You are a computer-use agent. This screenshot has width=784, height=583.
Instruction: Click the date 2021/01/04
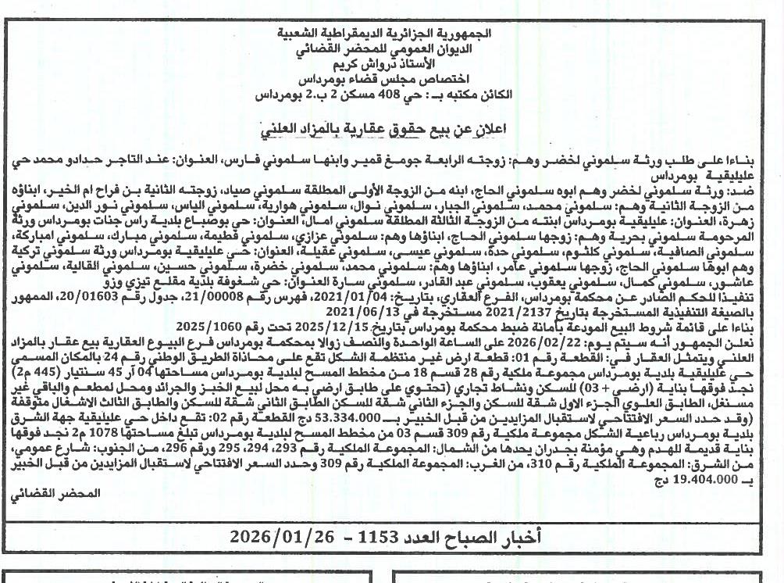click(406, 297)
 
